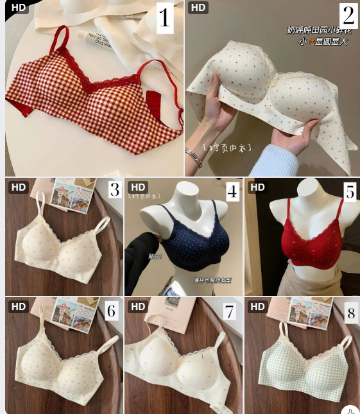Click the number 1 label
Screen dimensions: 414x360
point(165,18)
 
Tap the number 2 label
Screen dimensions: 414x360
point(348,15)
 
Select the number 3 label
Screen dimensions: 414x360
point(114,190)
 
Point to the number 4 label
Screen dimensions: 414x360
point(232,191)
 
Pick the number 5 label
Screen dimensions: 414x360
point(350,191)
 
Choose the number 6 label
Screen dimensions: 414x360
point(112,311)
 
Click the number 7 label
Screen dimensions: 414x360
point(229,311)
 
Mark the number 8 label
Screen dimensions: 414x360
point(350,313)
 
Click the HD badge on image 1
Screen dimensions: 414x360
point(19,8)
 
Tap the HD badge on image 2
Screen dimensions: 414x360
point(198,8)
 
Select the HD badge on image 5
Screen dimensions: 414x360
point(257,187)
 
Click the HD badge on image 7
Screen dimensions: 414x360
point(138,306)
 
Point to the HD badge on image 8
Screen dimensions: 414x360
point(257,306)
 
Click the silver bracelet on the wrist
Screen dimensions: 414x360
point(193,156)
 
